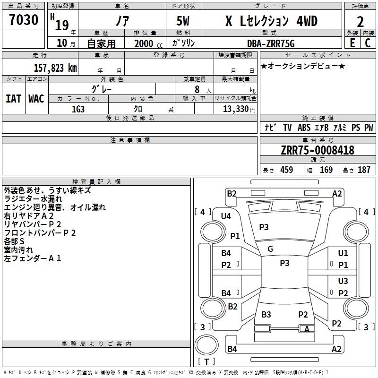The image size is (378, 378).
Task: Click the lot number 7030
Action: (24, 19)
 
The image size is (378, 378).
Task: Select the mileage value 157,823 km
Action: (55, 68)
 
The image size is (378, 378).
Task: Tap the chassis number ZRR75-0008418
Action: (318, 150)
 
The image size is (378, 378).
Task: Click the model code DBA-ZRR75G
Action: (271, 43)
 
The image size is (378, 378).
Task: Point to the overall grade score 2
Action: (360, 22)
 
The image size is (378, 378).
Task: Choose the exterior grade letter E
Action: (352, 43)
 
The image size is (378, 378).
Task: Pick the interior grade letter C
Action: (368, 43)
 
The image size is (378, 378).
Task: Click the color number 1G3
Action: (78, 109)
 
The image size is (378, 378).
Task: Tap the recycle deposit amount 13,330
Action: (236, 109)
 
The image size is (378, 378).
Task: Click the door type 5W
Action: (183, 21)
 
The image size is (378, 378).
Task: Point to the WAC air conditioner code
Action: (36, 99)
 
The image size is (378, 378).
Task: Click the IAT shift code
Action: (14, 99)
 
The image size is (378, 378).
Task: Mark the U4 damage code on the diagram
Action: (226, 216)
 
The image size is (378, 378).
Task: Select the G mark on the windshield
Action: (270, 249)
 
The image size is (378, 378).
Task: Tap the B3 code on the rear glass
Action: (266, 314)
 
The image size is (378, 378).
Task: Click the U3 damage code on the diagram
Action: (343, 281)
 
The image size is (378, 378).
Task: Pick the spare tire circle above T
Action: (206, 345)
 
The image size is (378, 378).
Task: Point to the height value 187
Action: (364, 170)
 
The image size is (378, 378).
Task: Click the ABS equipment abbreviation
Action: (304, 127)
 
